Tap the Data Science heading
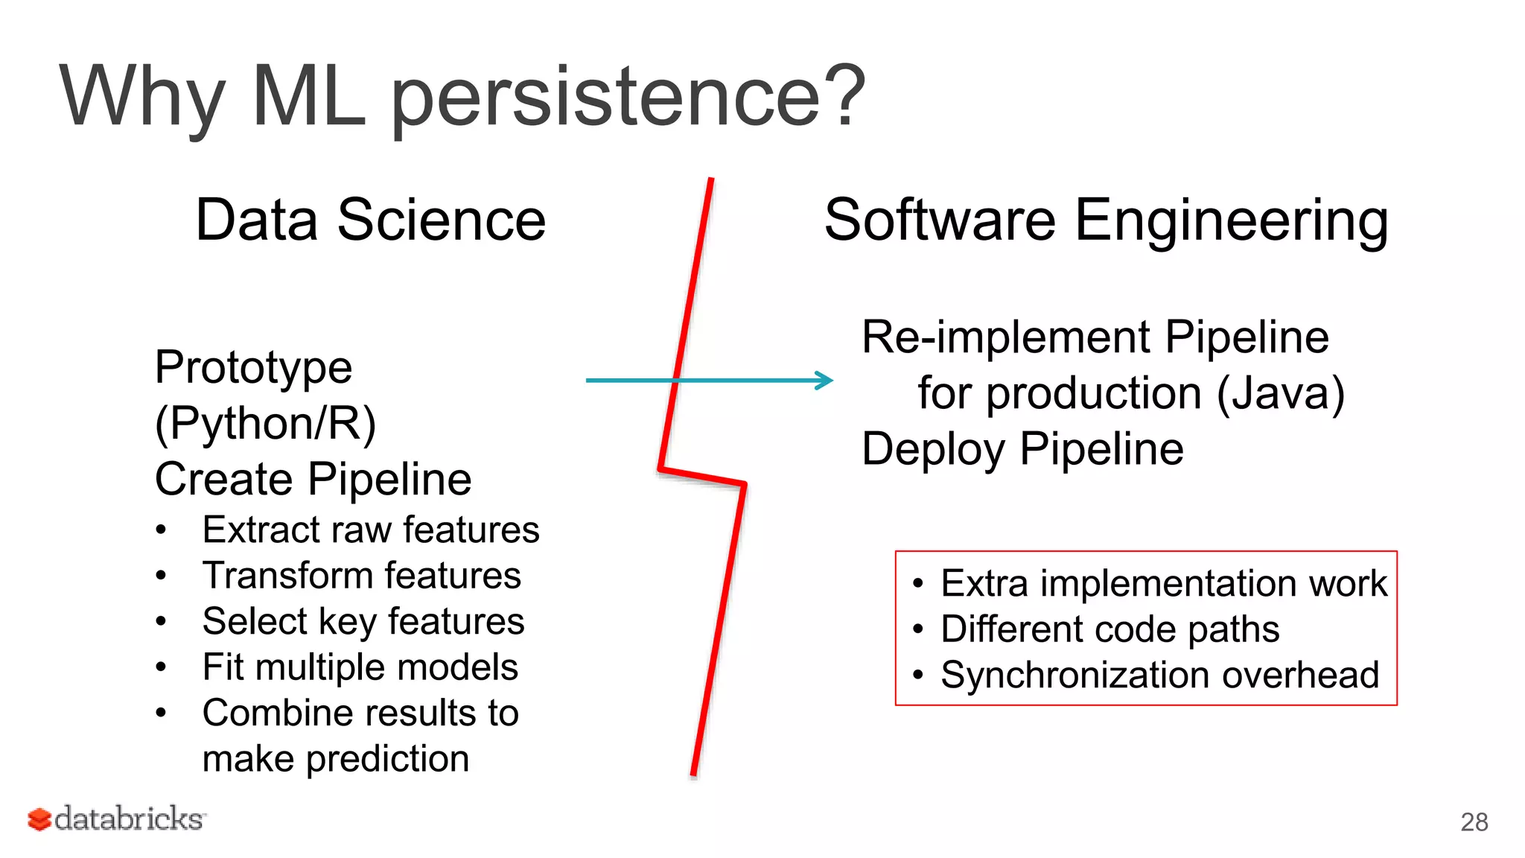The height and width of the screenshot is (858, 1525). pyautogui.click(x=370, y=220)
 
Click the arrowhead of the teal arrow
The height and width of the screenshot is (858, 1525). pyautogui.click(x=825, y=381)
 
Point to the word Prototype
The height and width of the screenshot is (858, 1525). pyautogui.click(x=253, y=367)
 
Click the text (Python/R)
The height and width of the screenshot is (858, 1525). pyautogui.click(x=265, y=423)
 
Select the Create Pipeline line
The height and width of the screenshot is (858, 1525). pyautogui.click(x=313, y=479)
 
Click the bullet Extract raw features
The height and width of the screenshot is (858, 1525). pyautogui.click(x=370, y=530)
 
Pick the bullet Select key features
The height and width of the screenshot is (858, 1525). pyautogui.click(x=363, y=622)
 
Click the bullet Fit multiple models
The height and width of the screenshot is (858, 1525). pyautogui.click(x=360, y=667)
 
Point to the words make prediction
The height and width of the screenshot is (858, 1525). pyautogui.click(x=335, y=759)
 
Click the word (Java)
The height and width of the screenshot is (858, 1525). pyautogui.click(x=1280, y=393)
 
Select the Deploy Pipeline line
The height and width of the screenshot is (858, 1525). pyautogui.click(x=1022, y=449)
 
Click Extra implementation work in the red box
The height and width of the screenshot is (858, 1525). pyautogui.click(x=1163, y=583)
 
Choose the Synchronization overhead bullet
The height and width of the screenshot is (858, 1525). pyautogui.click(x=1159, y=675)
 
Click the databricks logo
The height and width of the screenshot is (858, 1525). pyautogui.click(x=116, y=819)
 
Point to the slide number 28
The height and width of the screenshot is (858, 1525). pyautogui.click(x=1474, y=822)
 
